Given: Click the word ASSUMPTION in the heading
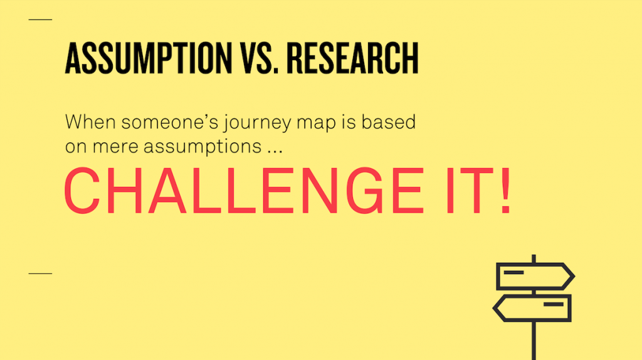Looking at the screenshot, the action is [149, 58].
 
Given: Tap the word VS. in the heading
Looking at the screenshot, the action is [260, 58].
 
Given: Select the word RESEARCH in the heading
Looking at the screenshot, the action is [352, 58].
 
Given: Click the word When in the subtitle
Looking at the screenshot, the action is [90, 122].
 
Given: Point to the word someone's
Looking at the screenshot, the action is [170, 122].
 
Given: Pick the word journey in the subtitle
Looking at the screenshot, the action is [257, 124].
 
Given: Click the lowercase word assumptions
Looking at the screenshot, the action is [203, 147].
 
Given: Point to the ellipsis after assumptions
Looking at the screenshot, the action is [275, 152].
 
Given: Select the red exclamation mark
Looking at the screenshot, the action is [506, 191].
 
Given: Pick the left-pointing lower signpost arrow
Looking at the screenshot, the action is [532, 308].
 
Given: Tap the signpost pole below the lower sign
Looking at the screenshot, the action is [534, 341].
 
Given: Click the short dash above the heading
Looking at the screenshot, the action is [40, 19].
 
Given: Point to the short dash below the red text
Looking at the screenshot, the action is [40, 273].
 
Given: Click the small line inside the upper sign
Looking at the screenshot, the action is [514, 272].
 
